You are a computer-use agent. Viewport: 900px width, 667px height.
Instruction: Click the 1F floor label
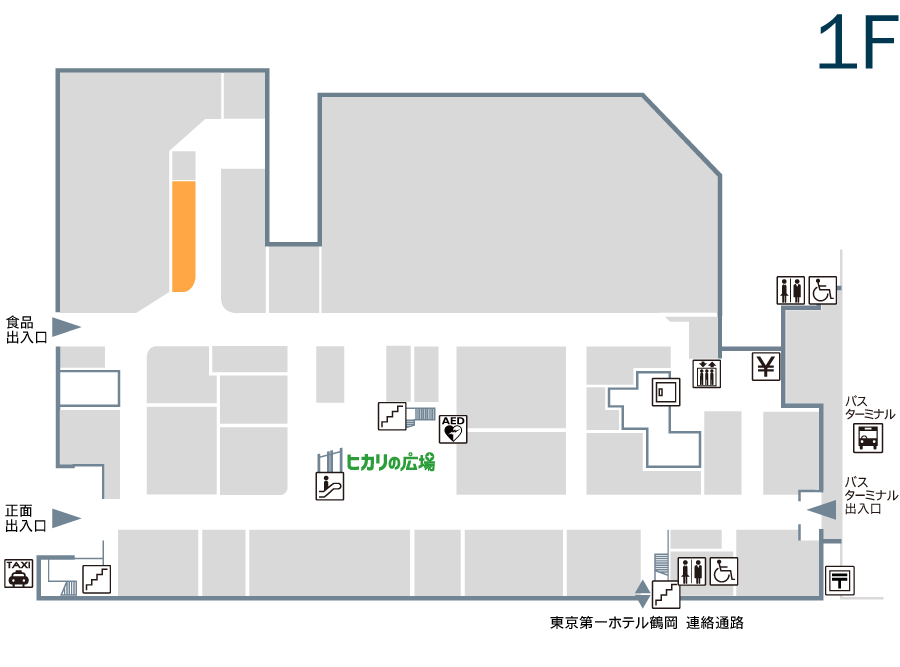click(858, 41)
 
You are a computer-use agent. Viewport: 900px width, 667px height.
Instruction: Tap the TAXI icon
click(18, 573)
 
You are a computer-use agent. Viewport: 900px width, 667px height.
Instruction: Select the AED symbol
click(453, 429)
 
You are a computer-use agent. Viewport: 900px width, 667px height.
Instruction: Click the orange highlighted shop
click(184, 236)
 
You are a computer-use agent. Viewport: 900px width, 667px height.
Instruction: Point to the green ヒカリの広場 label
click(390, 462)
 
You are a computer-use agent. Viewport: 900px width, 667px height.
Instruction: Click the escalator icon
click(330, 486)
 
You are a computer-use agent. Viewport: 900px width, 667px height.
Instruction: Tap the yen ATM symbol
click(766, 366)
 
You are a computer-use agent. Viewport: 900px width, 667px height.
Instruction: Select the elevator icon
click(707, 374)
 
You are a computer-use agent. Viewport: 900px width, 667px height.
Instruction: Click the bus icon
click(868, 439)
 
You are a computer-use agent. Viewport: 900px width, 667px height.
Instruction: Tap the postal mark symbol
click(840, 580)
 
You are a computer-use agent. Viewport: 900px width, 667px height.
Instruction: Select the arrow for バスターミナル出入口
click(822, 510)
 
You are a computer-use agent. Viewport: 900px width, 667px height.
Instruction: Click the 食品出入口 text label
click(26, 330)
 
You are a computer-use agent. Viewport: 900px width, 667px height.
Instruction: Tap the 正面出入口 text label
click(26, 518)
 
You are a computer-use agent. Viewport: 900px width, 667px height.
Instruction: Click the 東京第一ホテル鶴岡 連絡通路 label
click(647, 623)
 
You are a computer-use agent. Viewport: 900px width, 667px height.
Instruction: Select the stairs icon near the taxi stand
click(97, 579)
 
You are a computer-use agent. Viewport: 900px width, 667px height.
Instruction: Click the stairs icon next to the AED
click(392, 416)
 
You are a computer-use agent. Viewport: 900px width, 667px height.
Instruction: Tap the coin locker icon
click(666, 392)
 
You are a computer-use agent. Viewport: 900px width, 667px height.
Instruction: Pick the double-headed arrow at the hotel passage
click(642, 594)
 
